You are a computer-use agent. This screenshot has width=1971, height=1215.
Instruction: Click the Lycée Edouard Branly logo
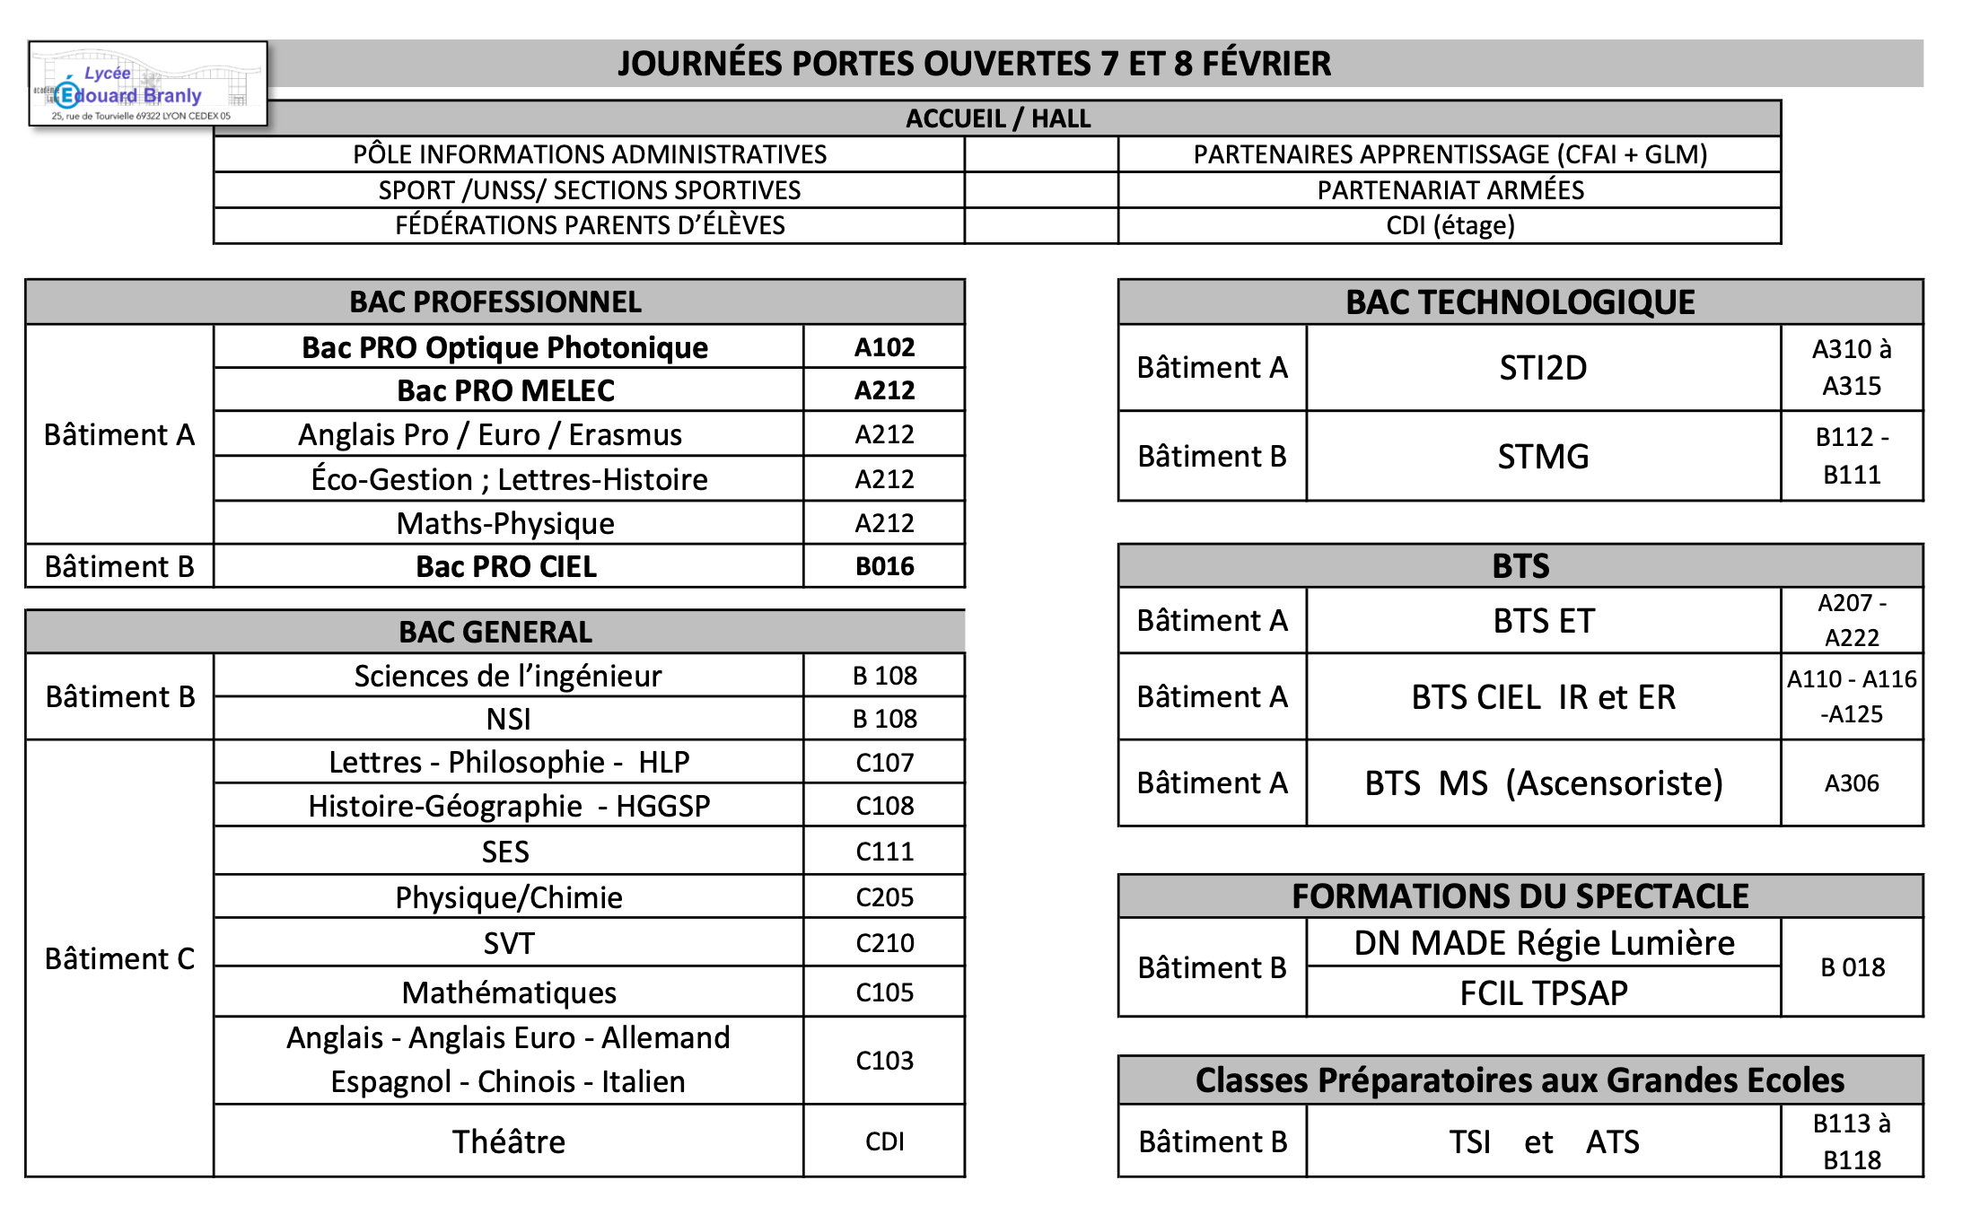pyautogui.click(x=148, y=83)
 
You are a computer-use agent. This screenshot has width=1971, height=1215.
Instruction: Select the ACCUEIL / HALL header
pyautogui.click(x=997, y=118)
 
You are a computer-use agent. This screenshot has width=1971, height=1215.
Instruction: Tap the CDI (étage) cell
pyautogui.click(x=1450, y=225)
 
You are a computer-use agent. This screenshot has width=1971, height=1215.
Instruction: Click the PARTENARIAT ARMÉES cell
pyautogui.click(x=1450, y=190)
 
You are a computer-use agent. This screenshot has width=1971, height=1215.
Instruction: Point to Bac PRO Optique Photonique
pyautogui.click(x=505, y=347)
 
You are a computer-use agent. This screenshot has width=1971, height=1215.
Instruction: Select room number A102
pyautogui.click(x=884, y=347)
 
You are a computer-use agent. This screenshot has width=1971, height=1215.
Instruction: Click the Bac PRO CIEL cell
pyautogui.click(x=506, y=567)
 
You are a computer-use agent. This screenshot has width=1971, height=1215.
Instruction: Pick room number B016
pyautogui.click(x=884, y=567)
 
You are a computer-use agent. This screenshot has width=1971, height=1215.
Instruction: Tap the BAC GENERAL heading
pyautogui.click(x=495, y=632)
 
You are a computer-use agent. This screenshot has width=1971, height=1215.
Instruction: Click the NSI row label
pyautogui.click(x=508, y=719)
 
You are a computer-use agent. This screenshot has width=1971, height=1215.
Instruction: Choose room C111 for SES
pyautogui.click(x=884, y=852)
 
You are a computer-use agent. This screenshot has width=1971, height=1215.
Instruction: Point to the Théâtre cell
pyautogui.click(x=508, y=1141)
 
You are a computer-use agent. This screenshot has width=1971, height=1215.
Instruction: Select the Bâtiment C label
pyautogui.click(x=119, y=958)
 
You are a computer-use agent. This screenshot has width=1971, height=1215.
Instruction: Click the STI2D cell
pyautogui.click(x=1543, y=368)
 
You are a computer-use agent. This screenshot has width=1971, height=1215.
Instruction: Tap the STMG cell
pyautogui.click(x=1543, y=457)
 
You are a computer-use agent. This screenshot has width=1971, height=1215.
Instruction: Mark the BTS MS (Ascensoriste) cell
pyautogui.click(x=1543, y=783)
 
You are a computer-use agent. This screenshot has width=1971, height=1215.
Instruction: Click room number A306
pyautogui.click(x=1852, y=783)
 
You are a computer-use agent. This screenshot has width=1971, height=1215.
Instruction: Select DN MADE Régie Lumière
pyautogui.click(x=1543, y=943)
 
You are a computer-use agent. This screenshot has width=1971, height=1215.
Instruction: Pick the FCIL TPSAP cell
pyautogui.click(x=1543, y=993)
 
